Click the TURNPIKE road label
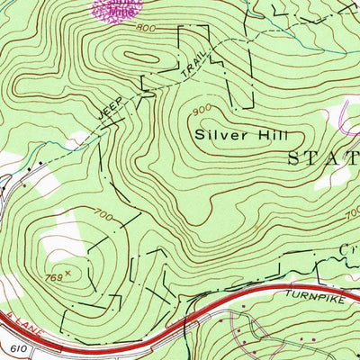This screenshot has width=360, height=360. [x=293, y=292]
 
